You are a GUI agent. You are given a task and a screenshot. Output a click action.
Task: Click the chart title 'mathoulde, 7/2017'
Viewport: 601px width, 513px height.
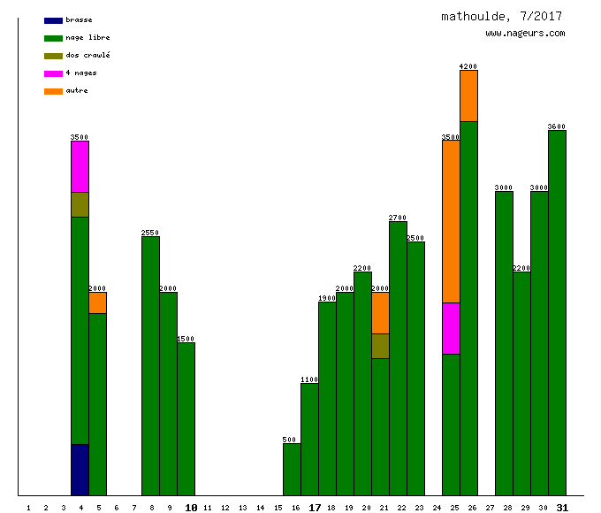click(501, 17)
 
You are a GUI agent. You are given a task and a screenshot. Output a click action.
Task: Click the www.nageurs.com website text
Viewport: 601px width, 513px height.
click(525, 34)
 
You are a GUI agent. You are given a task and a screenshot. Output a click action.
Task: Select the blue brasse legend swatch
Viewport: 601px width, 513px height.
click(53, 20)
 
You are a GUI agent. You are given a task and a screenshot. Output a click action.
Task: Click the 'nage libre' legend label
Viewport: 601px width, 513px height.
click(87, 38)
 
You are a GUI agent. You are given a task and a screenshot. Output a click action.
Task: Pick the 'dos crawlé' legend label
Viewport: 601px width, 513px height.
click(87, 56)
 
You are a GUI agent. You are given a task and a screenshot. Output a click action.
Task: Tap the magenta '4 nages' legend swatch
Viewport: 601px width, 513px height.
click(53, 73)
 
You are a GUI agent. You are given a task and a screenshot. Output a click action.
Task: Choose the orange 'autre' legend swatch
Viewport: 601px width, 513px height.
click(53, 91)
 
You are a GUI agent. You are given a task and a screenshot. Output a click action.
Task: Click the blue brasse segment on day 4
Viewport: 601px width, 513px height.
click(80, 470)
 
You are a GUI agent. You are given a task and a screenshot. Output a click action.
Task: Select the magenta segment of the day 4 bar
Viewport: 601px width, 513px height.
click(80, 166)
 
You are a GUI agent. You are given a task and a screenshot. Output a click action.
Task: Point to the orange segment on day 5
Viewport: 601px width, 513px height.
click(97, 302)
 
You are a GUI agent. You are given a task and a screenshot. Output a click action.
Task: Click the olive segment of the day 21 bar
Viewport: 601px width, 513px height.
click(380, 346)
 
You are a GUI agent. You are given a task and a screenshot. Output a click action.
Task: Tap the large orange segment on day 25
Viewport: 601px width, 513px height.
click(451, 221)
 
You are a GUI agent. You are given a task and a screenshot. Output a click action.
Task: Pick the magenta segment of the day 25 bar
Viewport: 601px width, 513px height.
click(451, 328)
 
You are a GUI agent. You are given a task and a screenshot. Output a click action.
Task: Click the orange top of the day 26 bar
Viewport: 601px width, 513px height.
click(468, 96)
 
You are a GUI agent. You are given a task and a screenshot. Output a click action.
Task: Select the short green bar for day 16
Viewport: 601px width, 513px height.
click(292, 469)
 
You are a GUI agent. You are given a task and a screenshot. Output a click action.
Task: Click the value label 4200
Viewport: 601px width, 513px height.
click(468, 66)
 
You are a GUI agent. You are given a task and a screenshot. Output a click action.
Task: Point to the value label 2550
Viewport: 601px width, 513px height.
click(150, 233)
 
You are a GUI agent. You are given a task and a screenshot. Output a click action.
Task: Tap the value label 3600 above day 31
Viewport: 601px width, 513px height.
click(557, 126)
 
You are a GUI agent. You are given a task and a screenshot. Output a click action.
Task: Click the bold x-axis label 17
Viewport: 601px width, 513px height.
click(315, 508)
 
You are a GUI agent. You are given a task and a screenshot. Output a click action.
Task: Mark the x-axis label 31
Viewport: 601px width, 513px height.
click(562, 508)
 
